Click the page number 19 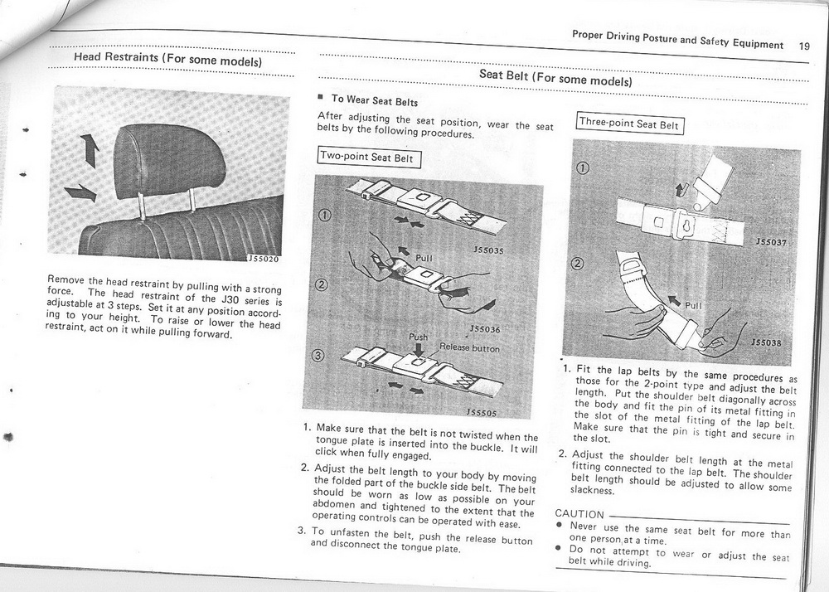click(x=805, y=46)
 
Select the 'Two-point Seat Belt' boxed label click(x=370, y=158)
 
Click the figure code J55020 click(x=264, y=259)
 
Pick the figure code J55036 click(x=484, y=329)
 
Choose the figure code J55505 click(x=482, y=411)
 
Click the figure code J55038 click(x=768, y=341)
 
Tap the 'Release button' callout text click(x=469, y=348)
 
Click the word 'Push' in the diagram click(x=419, y=337)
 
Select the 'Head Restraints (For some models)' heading click(x=168, y=60)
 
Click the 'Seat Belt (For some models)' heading click(x=555, y=79)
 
